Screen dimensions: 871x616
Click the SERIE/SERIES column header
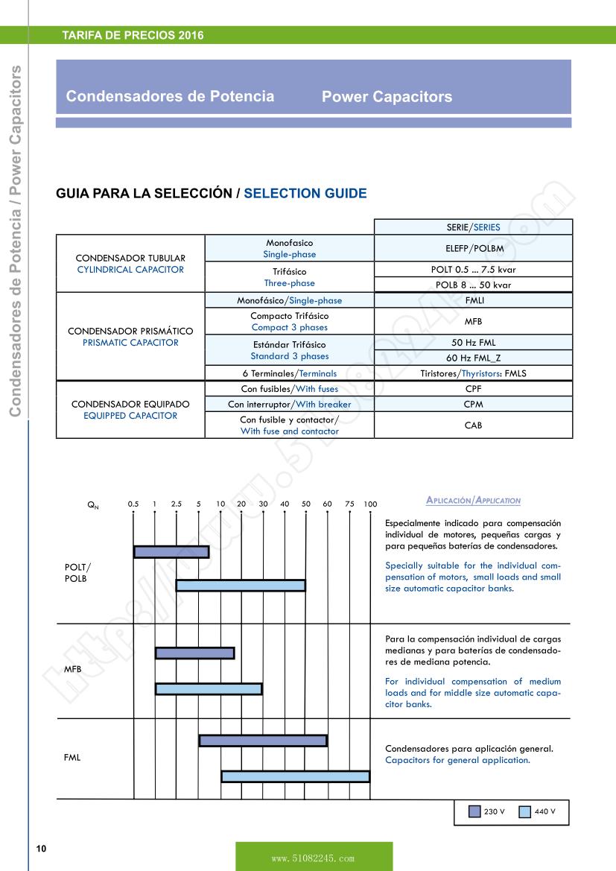pyautogui.click(x=473, y=227)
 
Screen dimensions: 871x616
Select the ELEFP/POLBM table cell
pyautogui.click(x=473, y=248)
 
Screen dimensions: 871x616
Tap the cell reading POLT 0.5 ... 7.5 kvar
pyautogui.click(x=473, y=270)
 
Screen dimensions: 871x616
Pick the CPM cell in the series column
pyautogui.click(x=473, y=404)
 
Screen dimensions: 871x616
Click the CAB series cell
pyautogui.click(x=473, y=425)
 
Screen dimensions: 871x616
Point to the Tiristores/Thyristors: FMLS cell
pyautogui.click(x=473, y=373)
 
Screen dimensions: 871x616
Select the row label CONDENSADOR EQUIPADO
pyautogui.click(x=130, y=404)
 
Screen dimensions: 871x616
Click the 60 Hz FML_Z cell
pyautogui.click(x=473, y=358)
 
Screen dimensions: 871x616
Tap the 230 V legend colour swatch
pyautogui.click(x=474, y=811)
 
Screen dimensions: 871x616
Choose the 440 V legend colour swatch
pyautogui.click(x=525, y=811)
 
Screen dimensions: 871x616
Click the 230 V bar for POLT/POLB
pyautogui.click(x=171, y=552)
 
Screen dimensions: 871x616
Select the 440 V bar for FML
pyautogui.click(x=295, y=776)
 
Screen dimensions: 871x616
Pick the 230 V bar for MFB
pyautogui.click(x=194, y=653)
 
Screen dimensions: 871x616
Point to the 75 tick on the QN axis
pyautogui.click(x=349, y=504)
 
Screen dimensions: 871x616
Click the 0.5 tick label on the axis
pyautogui.click(x=133, y=504)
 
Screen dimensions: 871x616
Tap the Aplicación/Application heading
pyautogui.click(x=473, y=501)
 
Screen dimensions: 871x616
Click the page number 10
pyautogui.click(x=41, y=849)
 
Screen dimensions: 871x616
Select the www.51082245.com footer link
pyautogui.click(x=314, y=858)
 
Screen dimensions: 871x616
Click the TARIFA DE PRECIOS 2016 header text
pyautogui.click(x=133, y=35)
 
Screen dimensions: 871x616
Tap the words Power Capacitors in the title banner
pyautogui.click(x=387, y=97)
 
